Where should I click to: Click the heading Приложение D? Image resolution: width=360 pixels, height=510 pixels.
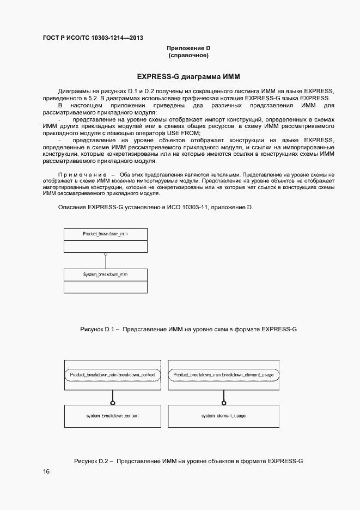pyautogui.click(x=188, y=48)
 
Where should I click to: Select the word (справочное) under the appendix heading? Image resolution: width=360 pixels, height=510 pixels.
pyautogui.click(x=188, y=56)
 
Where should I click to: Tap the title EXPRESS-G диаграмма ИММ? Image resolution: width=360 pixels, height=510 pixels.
pyautogui.click(x=188, y=76)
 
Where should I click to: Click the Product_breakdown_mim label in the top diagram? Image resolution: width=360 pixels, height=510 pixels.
pyautogui.click(x=105, y=233)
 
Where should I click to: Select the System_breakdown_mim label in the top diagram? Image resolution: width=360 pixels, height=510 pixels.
pyautogui.click(x=105, y=274)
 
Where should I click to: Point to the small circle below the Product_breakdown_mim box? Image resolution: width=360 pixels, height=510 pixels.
pyautogui.click(x=105, y=254)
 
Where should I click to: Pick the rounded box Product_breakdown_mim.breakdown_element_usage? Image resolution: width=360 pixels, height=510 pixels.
pyautogui.click(x=223, y=375)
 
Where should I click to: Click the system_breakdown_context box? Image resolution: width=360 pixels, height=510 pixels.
pyautogui.click(x=113, y=416)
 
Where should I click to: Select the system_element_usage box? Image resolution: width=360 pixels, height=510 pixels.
pyautogui.click(x=223, y=416)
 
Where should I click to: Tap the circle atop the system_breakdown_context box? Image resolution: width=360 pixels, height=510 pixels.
pyautogui.click(x=113, y=403)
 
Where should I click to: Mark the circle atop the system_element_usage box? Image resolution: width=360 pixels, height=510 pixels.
pyautogui.click(x=223, y=403)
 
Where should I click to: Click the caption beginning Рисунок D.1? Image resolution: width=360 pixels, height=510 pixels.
pyautogui.click(x=188, y=329)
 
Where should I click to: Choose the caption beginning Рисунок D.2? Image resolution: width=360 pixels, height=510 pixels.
pyautogui.click(x=188, y=461)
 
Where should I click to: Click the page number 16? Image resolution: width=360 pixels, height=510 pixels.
pyautogui.click(x=46, y=472)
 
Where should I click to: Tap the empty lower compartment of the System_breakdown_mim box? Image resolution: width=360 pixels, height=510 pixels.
pyautogui.click(x=105, y=287)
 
